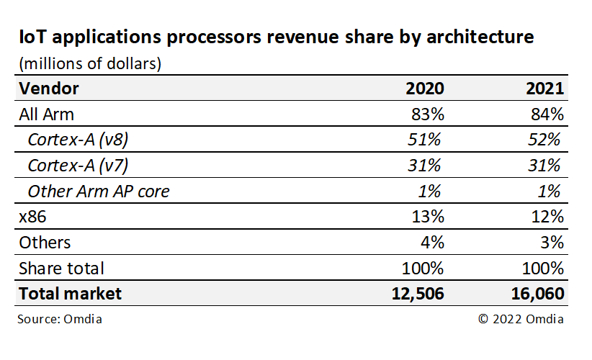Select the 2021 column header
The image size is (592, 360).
point(544,89)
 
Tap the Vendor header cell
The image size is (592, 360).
point(48,89)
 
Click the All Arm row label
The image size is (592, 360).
point(46,114)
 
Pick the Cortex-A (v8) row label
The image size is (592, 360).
point(79,140)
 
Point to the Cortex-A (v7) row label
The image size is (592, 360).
point(79,166)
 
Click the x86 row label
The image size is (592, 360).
point(32,217)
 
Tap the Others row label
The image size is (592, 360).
point(45,243)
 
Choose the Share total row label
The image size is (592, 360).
point(61,269)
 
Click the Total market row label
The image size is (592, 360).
point(70,294)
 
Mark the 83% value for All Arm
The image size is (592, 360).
point(428,114)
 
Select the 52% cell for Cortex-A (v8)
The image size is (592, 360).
point(545,140)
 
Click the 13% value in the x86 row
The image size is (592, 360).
point(428,217)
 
